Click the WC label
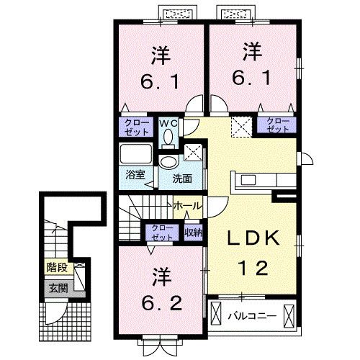pos(168,124)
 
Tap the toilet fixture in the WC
pos(168,138)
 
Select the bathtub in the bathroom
pos(136,153)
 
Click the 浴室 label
pos(135,175)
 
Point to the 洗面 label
pos(182,179)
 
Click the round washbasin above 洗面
pos(169,162)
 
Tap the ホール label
pos(187,206)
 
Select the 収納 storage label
pos(194,232)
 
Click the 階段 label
pos(57,267)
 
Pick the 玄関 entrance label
pos(58,288)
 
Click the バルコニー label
pos(252,316)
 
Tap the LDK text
pos(253,238)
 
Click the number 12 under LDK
pos(253,268)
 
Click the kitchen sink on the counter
pos(248,180)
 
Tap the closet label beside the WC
pos(136,127)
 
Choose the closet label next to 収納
pos(162,233)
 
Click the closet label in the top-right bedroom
pos(278,125)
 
